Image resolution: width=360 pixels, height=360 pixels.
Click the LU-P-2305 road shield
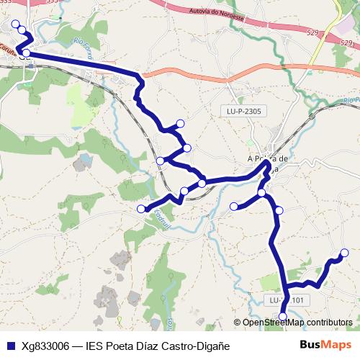tap(242, 111)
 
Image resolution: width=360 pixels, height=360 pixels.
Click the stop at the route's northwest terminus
tap(15, 24)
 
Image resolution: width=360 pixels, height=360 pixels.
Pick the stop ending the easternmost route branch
tap(345, 253)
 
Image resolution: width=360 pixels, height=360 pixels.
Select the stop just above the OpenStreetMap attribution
tap(283, 316)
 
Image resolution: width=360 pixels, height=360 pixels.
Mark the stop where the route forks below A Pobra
tap(262, 193)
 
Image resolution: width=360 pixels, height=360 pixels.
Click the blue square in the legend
tap(11, 346)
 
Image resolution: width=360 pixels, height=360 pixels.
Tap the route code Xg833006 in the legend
tap(45, 346)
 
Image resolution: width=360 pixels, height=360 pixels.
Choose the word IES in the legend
tap(94, 346)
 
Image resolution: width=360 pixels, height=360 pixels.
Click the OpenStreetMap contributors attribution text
tap(297, 323)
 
